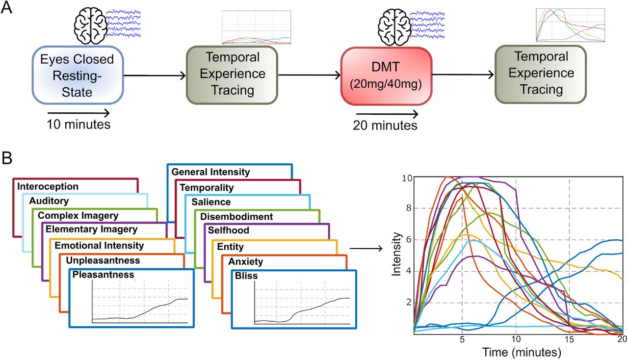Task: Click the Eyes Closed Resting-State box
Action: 78,75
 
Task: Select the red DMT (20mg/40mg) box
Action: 386,76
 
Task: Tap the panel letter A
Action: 6,7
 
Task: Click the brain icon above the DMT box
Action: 393,26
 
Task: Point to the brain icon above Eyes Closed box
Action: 90,26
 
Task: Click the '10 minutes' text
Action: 78,125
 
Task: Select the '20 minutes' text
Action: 385,126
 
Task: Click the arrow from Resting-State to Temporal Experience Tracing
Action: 155,76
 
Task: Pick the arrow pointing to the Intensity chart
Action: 366,248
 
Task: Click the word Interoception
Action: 48,186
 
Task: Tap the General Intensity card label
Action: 210,172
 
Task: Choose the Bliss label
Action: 246,276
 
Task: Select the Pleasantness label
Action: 103,275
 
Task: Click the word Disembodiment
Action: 236,216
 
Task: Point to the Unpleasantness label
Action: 103,260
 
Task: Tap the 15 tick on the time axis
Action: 569,339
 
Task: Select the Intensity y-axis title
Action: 396,254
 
